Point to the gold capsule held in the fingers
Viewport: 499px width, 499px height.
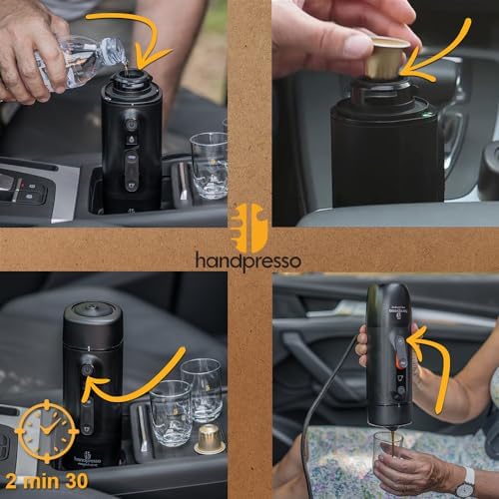click(384, 57)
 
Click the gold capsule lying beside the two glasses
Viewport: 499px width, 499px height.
click(209, 438)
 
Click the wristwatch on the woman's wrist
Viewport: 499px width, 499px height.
click(465, 486)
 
